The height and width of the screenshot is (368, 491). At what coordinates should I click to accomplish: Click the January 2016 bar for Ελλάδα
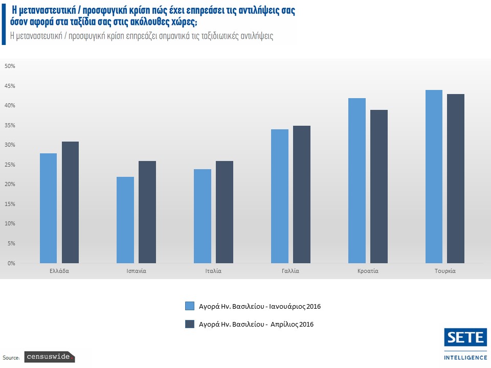(x=49, y=208)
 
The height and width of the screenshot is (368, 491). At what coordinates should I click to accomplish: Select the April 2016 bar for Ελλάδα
(x=71, y=202)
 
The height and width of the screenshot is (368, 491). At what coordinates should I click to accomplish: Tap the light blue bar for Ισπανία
(x=125, y=220)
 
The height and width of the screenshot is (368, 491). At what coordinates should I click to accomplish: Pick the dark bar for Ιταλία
(x=225, y=212)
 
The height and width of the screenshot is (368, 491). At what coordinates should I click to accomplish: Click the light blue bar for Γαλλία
(x=280, y=196)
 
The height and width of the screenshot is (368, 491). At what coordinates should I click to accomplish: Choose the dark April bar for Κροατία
(x=379, y=187)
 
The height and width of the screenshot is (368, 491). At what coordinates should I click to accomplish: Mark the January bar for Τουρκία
(x=434, y=176)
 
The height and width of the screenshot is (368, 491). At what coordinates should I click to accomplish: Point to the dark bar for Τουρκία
(x=456, y=178)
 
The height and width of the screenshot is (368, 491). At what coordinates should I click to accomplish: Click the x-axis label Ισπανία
(x=136, y=271)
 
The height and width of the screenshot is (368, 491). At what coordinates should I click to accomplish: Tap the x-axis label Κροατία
(x=368, y=271)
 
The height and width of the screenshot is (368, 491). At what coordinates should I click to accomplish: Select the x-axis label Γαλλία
(x=291, y=271)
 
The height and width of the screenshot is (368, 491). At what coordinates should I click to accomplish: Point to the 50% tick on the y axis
(x=11, y=66)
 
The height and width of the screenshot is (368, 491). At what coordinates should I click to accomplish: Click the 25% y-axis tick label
(x=11, y=165)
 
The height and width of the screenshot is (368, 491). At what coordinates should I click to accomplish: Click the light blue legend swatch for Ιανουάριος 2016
(x=190, y=306)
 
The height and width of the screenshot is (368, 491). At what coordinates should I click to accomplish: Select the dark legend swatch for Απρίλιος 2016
(x=190, y=324)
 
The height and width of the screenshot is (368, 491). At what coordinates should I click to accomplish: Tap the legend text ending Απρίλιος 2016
(x=256, y=324)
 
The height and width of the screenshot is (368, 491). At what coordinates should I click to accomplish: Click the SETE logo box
(x=465, y=338)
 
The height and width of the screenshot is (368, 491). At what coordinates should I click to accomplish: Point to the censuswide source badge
(x=50, y=357)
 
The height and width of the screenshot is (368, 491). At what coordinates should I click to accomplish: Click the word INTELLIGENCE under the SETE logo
(x=465, y=357)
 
